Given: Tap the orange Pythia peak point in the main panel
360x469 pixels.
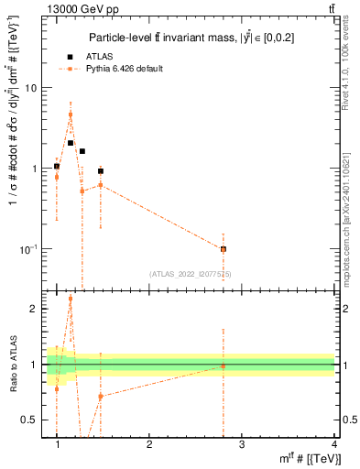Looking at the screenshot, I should (x=71, y=115).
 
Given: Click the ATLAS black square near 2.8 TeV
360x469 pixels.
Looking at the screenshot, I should (x=223, y=249).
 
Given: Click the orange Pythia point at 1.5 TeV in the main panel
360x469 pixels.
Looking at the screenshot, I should (x=100, y=185).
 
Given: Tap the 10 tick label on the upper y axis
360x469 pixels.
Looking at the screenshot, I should (x=31, y=88).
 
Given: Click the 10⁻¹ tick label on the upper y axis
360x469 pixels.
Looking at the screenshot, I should (x=29, y=249).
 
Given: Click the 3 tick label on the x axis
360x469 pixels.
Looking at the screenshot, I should (x=241, y=444).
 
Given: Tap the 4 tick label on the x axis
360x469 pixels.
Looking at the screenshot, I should (x=333, y=444).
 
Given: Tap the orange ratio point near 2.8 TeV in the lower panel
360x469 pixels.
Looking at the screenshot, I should (x=223, y=365).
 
